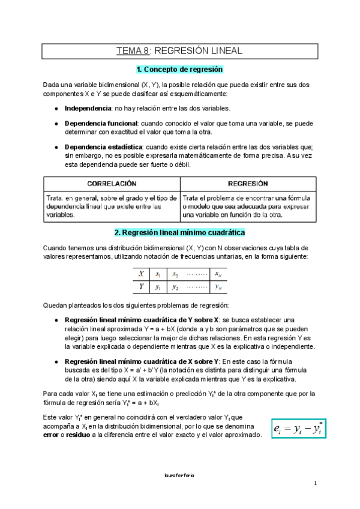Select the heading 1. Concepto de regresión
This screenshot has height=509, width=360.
[180, 70]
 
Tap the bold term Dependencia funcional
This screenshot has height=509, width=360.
[101, 123]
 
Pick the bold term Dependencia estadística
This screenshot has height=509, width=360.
[103, 147]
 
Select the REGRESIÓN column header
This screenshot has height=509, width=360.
[248, 183]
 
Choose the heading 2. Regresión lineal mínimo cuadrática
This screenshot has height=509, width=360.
[180, 232]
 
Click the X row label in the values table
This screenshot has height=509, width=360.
[141, 274]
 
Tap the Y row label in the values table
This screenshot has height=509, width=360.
[141, 287]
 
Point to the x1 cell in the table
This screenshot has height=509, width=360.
[158, 274]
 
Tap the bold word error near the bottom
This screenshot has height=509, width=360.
[52, 435]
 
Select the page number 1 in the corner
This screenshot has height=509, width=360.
[314, 483]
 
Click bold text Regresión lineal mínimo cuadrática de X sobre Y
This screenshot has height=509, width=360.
[142, 362]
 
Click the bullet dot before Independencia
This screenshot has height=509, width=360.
[56, 109]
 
